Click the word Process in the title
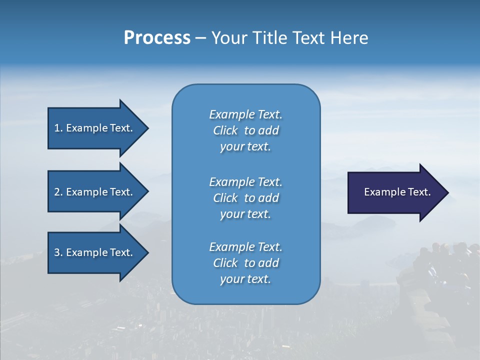coord(157,38)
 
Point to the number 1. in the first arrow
coord(58,128)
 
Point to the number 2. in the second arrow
coord(58,192)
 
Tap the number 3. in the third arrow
coord(58,252)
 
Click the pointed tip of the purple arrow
coord(446,192)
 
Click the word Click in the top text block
coord(225,130)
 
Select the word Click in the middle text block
coord(225,198)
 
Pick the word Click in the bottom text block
coord(225,263)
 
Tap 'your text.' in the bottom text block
coord(245,279)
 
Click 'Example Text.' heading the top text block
coord(245,114)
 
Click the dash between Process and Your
coord(200,38)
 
